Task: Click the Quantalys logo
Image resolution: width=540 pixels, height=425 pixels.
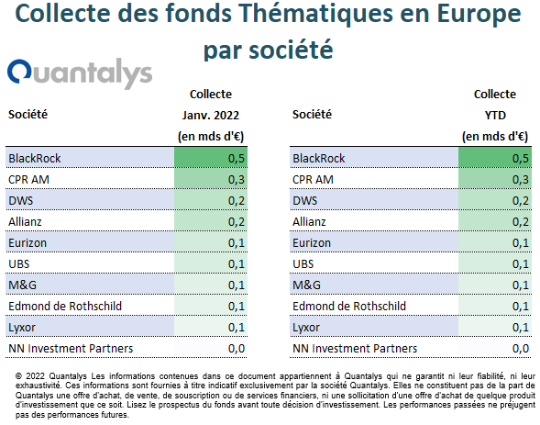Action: click(80, 73)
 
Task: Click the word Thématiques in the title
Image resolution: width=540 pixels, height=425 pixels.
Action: click(315, 14)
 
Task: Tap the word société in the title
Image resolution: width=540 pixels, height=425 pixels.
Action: click(291, 50)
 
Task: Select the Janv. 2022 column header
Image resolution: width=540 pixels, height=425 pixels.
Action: click(211, 115)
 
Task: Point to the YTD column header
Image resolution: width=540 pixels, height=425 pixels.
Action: click(495, 115)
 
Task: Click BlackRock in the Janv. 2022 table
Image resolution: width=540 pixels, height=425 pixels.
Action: click(35, 158)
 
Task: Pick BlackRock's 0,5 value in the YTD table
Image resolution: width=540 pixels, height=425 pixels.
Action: click(521, 158)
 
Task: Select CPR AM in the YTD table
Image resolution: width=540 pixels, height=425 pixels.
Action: click(313, 179)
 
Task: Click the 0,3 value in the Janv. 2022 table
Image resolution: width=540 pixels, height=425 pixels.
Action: click(237, 179)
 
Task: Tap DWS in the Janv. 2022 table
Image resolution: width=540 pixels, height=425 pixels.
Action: click(21, 200)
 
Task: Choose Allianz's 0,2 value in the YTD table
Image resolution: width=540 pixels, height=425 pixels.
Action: click(521, 221)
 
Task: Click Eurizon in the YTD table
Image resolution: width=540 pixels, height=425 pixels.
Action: click(312, 242)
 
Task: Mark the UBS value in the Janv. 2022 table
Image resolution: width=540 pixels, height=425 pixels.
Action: click(237, 264)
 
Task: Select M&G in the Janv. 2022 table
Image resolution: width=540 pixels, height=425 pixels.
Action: click(22, 285)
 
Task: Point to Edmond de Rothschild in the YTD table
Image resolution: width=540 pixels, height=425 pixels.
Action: click(349, 306)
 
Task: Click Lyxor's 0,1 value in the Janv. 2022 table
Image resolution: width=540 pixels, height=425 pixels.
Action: click(237, 327)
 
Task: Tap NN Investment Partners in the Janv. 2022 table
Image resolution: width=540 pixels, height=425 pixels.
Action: click(71, 349)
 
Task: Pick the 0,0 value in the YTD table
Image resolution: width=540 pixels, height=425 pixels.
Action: click(521, 349)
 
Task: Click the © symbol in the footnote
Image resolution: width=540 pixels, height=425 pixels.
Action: click(18, 376)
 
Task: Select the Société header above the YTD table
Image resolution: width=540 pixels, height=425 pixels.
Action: click(312, 114)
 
